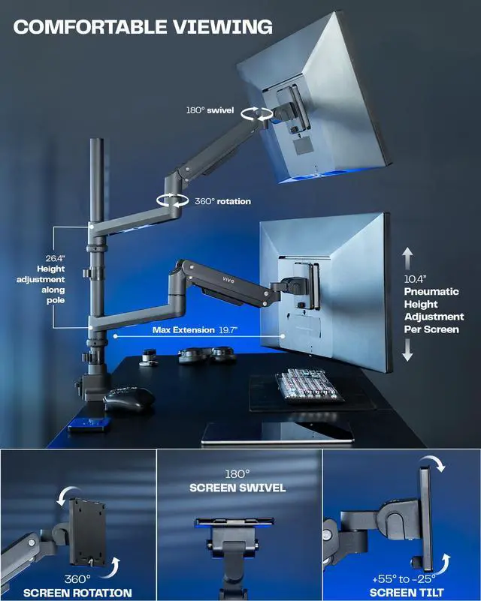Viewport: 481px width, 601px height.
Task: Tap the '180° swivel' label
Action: coord(210,110)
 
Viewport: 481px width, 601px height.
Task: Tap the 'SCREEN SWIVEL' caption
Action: coord(237,488)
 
